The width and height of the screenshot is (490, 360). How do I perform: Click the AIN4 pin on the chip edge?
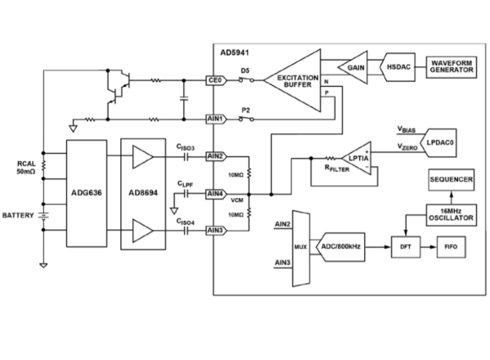(214, 194)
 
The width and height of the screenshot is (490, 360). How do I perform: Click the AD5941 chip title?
(233, 51)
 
